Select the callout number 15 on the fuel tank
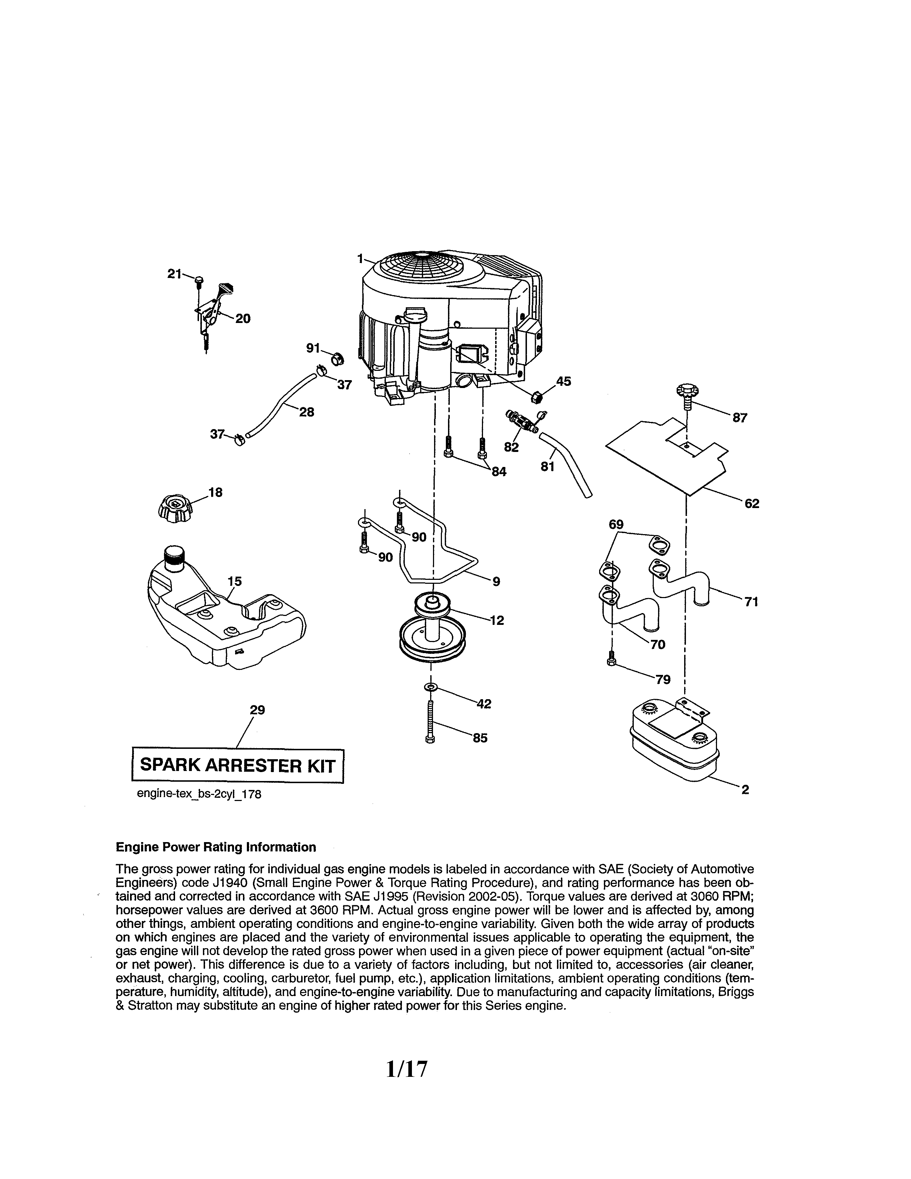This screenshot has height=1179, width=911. click(234, 581)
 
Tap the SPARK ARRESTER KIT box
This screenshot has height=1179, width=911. click(238, 766)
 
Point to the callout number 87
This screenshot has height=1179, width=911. click(740, 418)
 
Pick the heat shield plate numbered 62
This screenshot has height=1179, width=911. click(667, 453)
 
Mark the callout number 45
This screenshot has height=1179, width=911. click(563, 382)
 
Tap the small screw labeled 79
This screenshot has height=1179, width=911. click(611, 658)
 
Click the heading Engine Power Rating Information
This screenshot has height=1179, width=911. click(216, 847)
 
